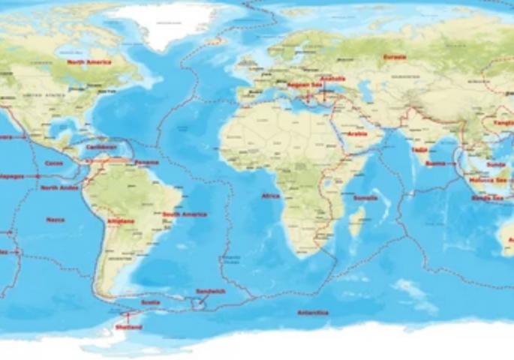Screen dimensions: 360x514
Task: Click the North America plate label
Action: [89, 62]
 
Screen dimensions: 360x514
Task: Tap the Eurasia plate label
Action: [394, 57]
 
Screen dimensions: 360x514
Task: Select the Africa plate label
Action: [270, 196]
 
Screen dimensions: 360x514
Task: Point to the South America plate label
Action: [184, 214]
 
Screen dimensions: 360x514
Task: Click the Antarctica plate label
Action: [313, 313]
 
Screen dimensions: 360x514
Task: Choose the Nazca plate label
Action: [55, 220]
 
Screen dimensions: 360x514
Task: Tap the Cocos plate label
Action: [54, 163]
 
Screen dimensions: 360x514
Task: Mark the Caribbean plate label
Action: [101, 147]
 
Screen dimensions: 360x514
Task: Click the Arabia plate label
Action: [356, 134]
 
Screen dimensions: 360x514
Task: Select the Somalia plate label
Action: [365, 198]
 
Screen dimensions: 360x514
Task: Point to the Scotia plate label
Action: [150, 303]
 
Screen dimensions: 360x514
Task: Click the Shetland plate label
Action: [128, 327]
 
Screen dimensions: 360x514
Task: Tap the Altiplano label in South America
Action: [121, 221]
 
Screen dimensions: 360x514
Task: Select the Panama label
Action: [146, 163]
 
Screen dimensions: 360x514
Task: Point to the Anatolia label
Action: [332, 79]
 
